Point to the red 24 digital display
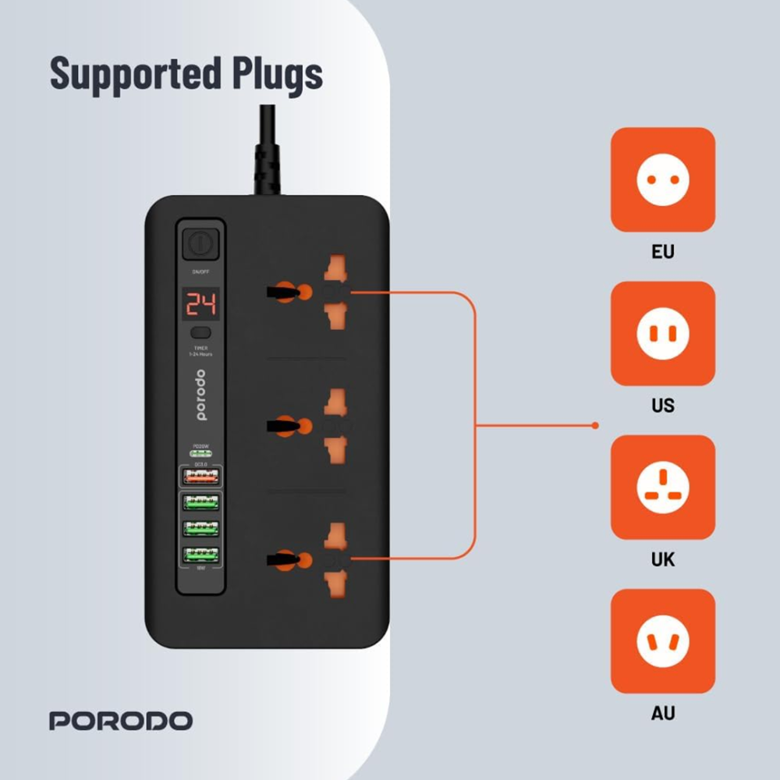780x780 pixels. click(200, 303)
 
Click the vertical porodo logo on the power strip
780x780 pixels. click(200, 396)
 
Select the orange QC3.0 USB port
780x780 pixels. click(200, 476)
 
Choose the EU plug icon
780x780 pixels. click(662, 180)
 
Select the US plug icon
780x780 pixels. click(662, 334)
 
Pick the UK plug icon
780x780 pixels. click(662, 487)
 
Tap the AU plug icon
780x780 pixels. click(662, 641)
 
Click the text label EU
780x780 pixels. click(662, 253)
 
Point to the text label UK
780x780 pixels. click(662, 560)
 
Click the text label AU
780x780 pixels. click(662, 713)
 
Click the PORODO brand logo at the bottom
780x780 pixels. click(121, 720)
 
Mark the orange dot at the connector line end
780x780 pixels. click(595, 426)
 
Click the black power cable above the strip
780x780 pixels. click(263, 152)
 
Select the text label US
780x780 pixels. click(662, 406)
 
